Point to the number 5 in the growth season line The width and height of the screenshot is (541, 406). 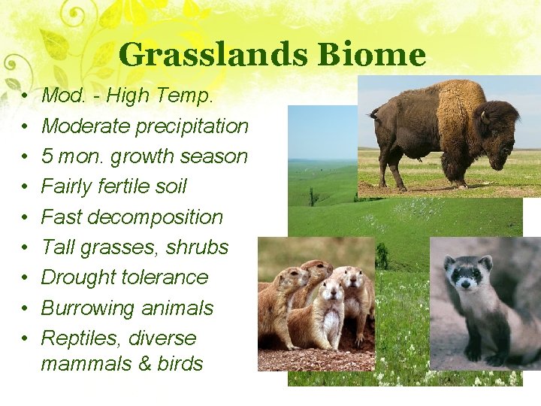tap(47, 156)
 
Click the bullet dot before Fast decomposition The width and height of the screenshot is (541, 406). tap(26, 217)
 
